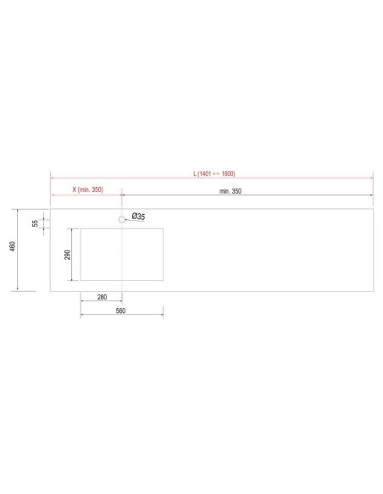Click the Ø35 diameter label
138,217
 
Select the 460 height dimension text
13,246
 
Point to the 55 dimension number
35,223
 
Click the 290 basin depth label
68,255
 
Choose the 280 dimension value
102,297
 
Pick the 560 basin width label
120,310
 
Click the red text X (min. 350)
88,189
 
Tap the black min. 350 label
230,191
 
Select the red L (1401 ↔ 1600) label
214,173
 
